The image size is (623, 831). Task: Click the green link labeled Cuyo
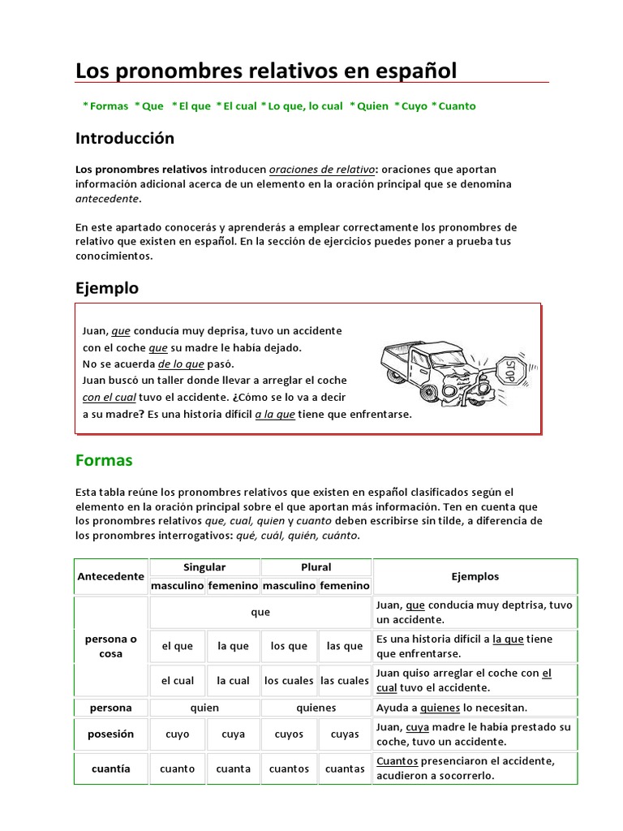(x=414, y=106)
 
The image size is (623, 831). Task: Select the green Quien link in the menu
(x=372, y=106)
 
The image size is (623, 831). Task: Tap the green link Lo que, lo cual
(x=305, y=106)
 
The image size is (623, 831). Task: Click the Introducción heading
(x=125, y=139)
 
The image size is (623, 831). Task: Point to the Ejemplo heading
(x=107, y=288)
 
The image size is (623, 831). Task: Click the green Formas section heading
(x=104, y=460)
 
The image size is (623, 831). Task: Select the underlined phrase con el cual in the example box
(x=108, y=398)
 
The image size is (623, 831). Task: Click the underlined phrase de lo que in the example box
(x=181, y=364)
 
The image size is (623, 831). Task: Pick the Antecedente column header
(x=110, y=576)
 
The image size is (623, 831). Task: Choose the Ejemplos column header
(x=475, y=576)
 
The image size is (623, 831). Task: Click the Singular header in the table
(x=204, y=567)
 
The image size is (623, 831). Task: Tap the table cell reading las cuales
(x=345, y=681)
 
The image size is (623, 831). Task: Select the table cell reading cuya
(x=233, y=734)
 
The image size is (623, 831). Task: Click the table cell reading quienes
(x=316, y=708)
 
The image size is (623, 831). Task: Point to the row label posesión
(x=110, y=734)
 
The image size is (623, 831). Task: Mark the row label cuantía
(x=110, y=769)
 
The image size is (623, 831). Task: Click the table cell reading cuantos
(x=289, y=769)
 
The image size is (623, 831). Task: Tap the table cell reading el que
(x=178, y=646)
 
